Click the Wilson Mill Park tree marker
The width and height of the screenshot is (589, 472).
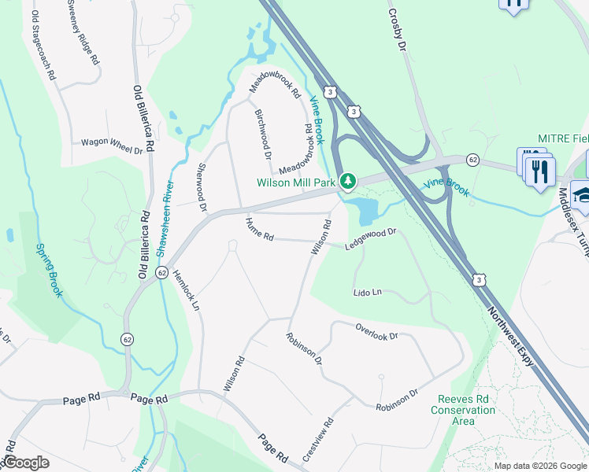347,182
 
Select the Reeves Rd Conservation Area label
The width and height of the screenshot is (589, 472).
464,410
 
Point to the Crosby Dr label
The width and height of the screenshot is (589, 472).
397,31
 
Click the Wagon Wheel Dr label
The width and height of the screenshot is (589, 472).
112,145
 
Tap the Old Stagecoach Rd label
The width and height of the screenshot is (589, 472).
43,46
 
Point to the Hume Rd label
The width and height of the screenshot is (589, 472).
259,230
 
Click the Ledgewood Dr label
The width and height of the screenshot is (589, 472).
370,239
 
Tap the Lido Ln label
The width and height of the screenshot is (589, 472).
368,292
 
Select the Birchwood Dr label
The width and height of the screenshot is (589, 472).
263,131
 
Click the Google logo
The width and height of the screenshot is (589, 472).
25,462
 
